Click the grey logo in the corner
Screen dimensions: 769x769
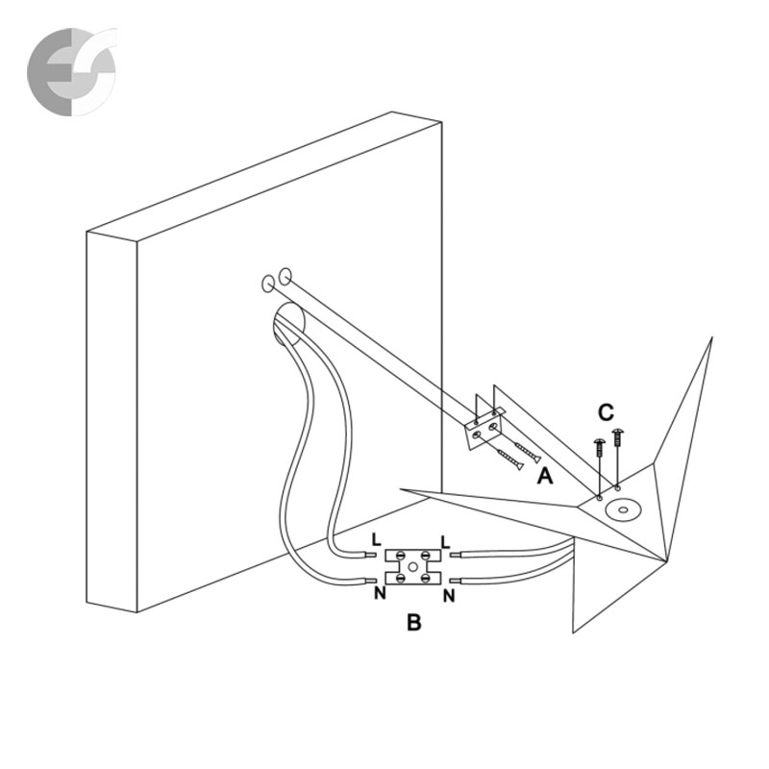(x=70, y=71)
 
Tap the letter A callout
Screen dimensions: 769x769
(x=545, y=475)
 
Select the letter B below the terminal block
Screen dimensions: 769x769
(x=413, y=623)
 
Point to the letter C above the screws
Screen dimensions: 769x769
(x=605, y=413)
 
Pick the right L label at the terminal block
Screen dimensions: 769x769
(x=444, y=542)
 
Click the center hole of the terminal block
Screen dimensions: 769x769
(x=412, y=567)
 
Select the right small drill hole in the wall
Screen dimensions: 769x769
(x=285, y=277)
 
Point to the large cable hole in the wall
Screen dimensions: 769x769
(x=286, y=323)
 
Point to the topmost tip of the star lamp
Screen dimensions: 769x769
(x=711, y=338)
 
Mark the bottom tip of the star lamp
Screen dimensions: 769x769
(x=575, y=632)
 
